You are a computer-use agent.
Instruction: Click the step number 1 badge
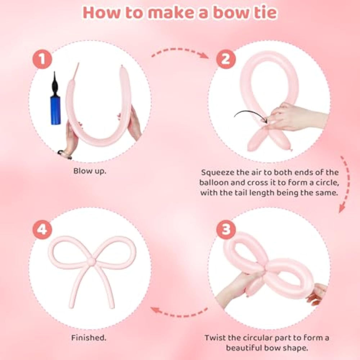point(42,59)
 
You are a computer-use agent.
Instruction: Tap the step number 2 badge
point(226,59)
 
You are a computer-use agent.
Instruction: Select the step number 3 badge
point(226,229)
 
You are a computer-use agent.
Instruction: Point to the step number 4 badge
point(42,229)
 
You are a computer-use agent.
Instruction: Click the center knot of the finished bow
point(92,261)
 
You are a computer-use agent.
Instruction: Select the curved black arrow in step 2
point(250,112)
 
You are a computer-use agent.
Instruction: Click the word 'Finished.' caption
point(89,338)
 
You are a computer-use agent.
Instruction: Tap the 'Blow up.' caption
point(90,171)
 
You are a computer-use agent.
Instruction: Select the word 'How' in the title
point(101,13)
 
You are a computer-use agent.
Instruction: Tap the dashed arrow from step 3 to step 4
point(179,312)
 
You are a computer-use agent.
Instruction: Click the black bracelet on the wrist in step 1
point(64,154)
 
